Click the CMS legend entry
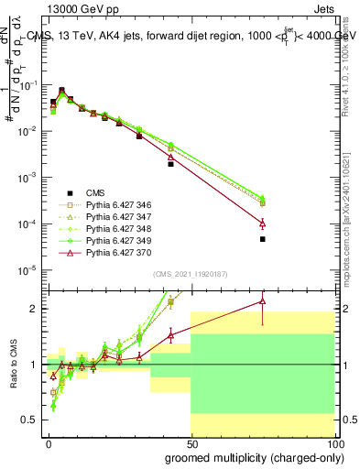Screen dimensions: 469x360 pyautogui.click(x=96, y=192)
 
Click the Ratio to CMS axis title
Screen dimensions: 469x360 pyautogui.click(x=15, y=365)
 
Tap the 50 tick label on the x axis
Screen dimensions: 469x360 pyautogui.click(x=191, y=442)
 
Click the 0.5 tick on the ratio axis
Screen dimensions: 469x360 pyautogui.click(x=29, y=420)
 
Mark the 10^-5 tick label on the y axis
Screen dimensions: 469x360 pyautogui.click(x=27, y=270)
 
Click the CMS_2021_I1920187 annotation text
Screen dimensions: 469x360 pyautogui.click(x=190, y=274)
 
